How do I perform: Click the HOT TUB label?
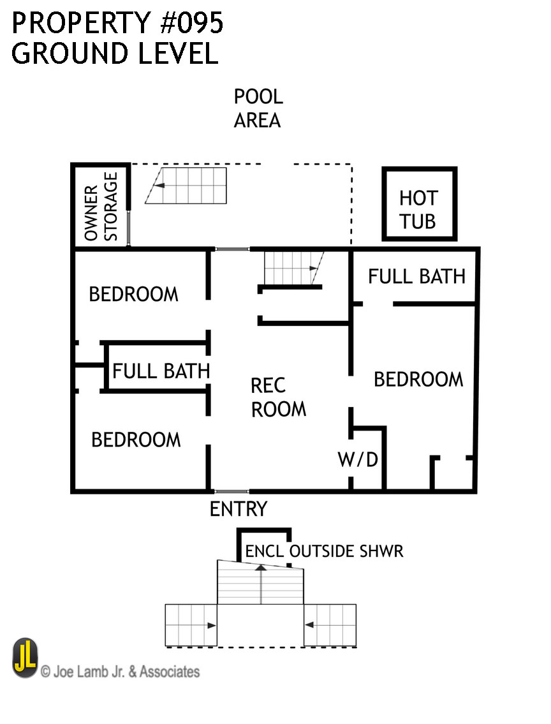point(418,209)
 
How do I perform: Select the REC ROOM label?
point(278,397)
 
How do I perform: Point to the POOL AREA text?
point(258,108)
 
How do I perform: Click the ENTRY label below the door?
point(239,509)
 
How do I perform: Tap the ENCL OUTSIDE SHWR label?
point(324,550)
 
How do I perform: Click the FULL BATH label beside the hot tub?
point(416,276)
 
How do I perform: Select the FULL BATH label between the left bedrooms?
point(161,371)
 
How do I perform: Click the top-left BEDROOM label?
point(133,294)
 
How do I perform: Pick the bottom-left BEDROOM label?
point(136,440)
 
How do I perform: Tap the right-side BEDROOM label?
point(418,379)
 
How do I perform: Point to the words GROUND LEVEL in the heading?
point(115,54)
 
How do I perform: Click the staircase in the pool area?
point(186,186)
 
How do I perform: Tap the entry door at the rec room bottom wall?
point(231,492)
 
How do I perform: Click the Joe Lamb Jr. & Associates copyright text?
point(120,671)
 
